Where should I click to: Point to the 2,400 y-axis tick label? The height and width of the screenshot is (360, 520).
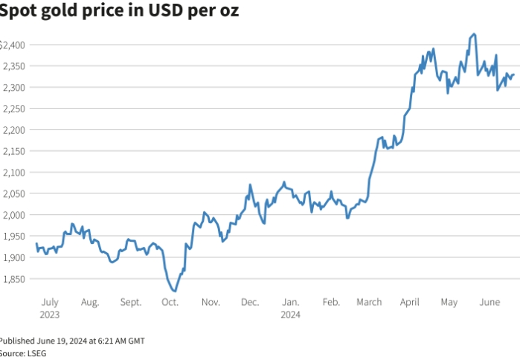(13, 45)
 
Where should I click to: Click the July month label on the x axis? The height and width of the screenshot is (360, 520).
(50, 302)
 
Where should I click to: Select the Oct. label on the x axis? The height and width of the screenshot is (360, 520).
(170, 302)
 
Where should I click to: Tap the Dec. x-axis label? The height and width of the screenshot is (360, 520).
(250, 302)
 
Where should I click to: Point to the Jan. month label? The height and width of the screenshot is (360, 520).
(291, 302)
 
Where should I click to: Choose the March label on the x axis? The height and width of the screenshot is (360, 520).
(369, 302)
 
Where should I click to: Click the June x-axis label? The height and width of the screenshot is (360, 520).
(489, 302)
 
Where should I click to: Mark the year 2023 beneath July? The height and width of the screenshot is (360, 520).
(50, 314)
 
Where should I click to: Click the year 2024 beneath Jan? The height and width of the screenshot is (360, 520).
(291, 314)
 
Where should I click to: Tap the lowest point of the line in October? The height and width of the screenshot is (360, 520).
(173, 291)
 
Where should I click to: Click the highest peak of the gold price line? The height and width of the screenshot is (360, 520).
(475, 34)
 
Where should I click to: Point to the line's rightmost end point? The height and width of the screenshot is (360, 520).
(513, 74)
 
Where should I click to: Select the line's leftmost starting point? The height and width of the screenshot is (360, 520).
(36, 244)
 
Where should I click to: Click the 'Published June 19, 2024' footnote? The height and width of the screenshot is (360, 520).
(72, 341)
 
